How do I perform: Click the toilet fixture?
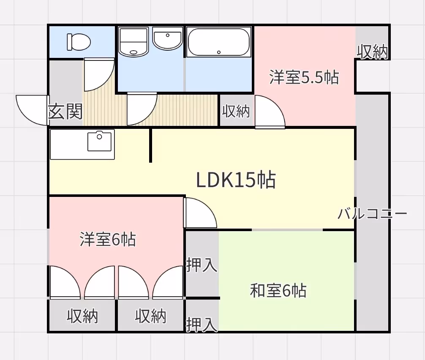click(79, 42)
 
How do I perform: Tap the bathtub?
click(219, 42)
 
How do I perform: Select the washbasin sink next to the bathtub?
click(168, 39)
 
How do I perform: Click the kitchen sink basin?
click(100, 141)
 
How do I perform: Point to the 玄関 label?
click(65, 112)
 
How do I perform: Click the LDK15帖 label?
click(236, 180)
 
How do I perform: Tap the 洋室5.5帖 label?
click(304, 78)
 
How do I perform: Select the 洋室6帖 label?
click(108, 240)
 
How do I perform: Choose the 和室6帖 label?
click(278, 291)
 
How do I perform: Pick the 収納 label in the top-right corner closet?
click(372, 52)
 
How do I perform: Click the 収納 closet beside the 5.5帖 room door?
click(236, 111)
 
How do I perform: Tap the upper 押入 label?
click(202, 266)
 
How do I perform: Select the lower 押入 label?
click(202, 325)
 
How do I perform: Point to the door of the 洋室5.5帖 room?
click(269, 112)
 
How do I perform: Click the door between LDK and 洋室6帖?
click(200, 213)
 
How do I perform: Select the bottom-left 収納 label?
click(82, 316)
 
